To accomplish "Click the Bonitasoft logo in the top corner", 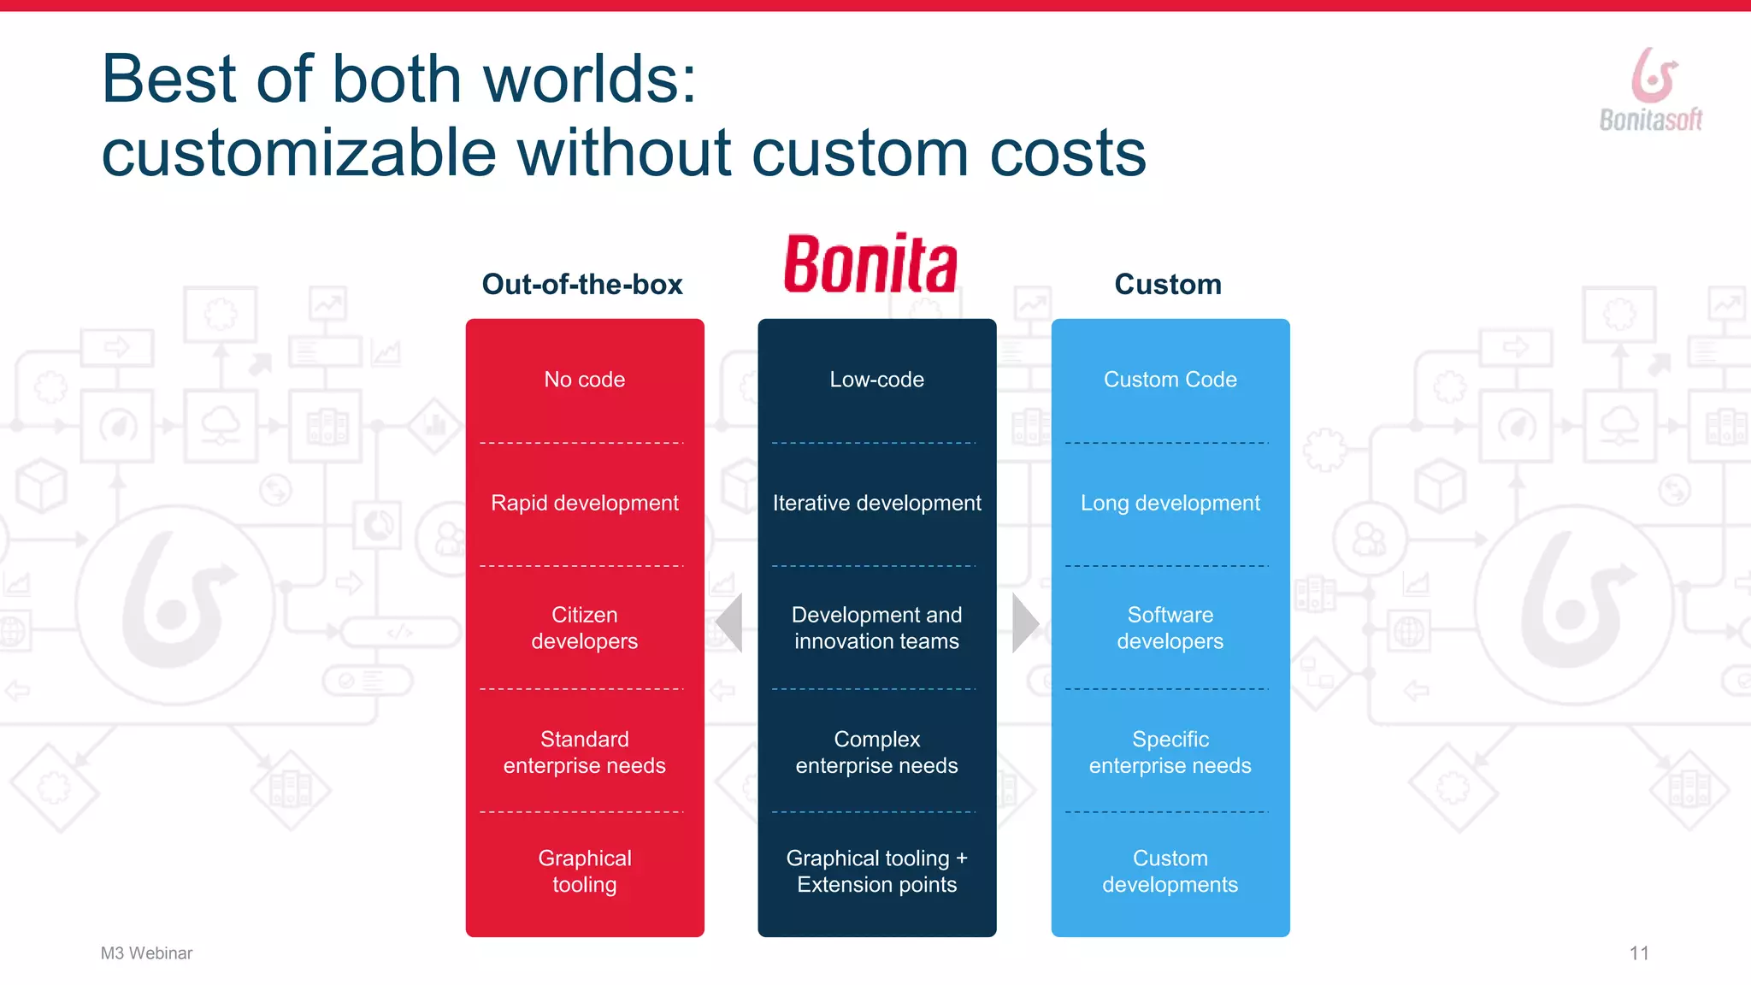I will pos(1651,90).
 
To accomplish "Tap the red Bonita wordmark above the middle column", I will pos(870,263).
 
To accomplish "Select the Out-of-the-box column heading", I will pos(582,284).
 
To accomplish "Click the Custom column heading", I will pos(1168,284).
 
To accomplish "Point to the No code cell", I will pos(585,380).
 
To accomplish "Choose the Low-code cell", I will pos(877,380).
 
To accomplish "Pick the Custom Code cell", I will pos(1170,380).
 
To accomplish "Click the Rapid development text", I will pos(585,503).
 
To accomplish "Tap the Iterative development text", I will pos(877,503).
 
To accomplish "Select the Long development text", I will pos(1170,503).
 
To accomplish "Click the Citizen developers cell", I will pos(585,628).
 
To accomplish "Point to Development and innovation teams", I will pos(877,628).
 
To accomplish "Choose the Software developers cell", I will pos(1170,628).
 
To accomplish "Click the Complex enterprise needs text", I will pos(877,752).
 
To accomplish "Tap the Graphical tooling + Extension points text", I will pos(877,870).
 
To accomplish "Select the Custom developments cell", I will pos(1170,870).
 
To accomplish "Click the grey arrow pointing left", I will pos(730,622).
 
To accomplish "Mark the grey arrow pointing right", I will pos(1024,622).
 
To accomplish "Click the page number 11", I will pos(1639,953).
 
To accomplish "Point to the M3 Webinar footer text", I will pos(146,953).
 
